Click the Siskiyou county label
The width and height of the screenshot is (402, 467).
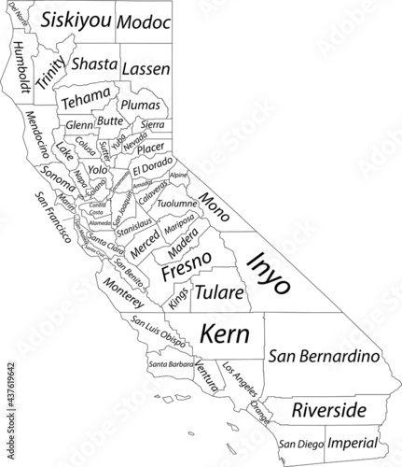[76, 20]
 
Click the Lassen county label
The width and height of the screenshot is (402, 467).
[145, 69]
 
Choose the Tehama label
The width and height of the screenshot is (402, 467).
[84, 98]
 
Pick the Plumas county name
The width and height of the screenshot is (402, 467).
[142, 106]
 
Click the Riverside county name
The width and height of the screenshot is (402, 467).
[327, 410]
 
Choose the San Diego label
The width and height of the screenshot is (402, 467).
[299, 444]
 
